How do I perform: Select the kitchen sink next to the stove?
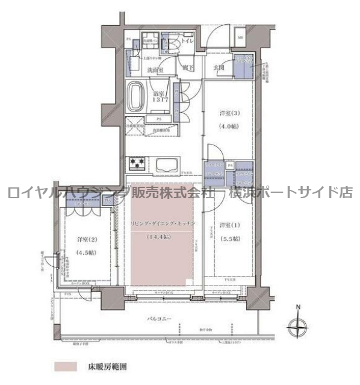pyautogui.click(x=165, y=164)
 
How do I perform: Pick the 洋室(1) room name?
pyautogui.click(x=229, y=225)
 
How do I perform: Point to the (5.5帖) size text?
pyautogui.click(x=229, y=239)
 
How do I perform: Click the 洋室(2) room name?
pyautogui.click(x=85, y=240)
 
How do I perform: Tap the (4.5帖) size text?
pyautogui.click(x=85, y=253)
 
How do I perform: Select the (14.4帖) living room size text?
pyautogui.click(x=158, y=237)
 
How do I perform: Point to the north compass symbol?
pyautogui.click(x=297, y=328)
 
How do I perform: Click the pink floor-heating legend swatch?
pyautogui.click(x=65, y=366)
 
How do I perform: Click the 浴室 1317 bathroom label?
pyautogui.click(x=160, y=98)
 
